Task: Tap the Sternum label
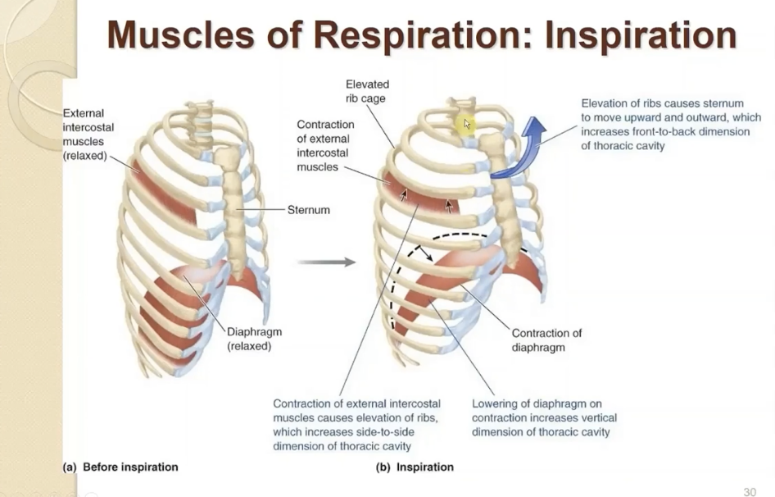pos(309,210)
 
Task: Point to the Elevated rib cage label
pos(367,91)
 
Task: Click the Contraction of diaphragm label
pos(546,340)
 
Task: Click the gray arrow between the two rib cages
pos(326,262)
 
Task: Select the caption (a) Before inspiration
pos(120,467)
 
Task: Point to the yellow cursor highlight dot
pos(465,124)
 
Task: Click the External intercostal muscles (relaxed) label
pos(88,135)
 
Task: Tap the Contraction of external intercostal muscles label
pos(325,145)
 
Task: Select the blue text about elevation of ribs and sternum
pos(670,125)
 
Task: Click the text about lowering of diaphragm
pos(544,417)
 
